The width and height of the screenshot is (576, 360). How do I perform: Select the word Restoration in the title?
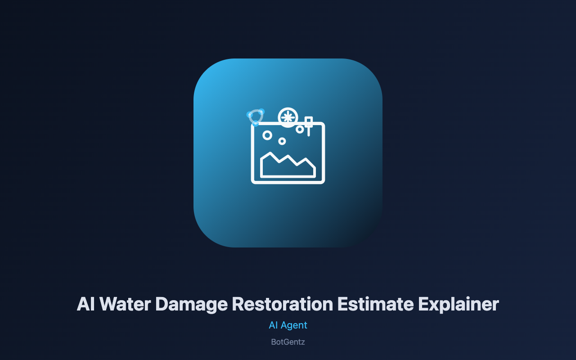pyautogui.click(x=283, y=304)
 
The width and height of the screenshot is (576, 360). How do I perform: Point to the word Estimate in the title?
pyautogui.click(x=375, y=304)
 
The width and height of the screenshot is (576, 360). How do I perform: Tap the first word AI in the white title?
pyautogui.click(x=85, y=304)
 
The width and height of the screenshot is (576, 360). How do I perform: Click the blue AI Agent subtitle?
pyautogui.click(x=288, y=325)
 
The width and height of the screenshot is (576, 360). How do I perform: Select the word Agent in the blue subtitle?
pyautogui.click(x=294, y=326)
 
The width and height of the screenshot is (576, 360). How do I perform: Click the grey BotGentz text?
pyautogui.click(x=288, y=342)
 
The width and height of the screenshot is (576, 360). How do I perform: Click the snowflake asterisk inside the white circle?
pyautogui.click(x=288, y=117)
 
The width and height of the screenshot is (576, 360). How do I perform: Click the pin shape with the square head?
pyautogui.click(x=309, y=126)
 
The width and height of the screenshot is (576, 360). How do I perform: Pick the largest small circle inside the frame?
pyautogui.click(x=267, y=135)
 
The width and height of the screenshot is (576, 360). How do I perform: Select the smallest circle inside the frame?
pyautogui.click(x=282, y=141)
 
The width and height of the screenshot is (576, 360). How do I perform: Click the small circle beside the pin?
pyautogui.click(x=300, y=129)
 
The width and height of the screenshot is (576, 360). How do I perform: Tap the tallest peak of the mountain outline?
pyautogui.click(x=270, y=153)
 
